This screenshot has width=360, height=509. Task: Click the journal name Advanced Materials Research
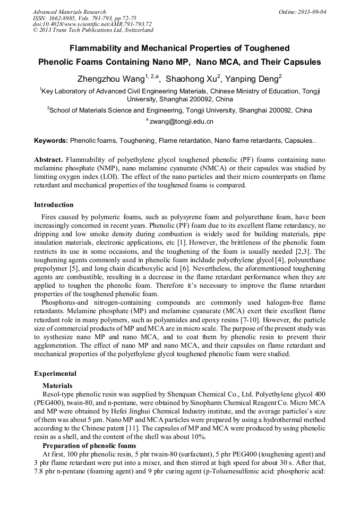click(69, 12)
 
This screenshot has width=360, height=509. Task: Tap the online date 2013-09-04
click(314, 12)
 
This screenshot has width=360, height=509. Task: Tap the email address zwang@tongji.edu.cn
click(181, 122)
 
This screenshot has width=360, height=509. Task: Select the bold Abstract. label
click(49, 160)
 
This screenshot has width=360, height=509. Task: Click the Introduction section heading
click(54, 205)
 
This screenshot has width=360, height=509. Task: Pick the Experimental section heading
click(55, 374)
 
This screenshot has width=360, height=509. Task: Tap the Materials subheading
click(57, 385)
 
